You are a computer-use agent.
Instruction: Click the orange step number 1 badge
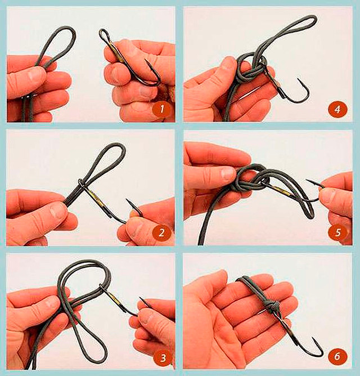(x=161, y=109)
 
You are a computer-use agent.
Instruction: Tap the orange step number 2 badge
(x=161, y=232)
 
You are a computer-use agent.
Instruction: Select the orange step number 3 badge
(x=163, y=358)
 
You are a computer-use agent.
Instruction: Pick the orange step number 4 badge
(x=337, y=109)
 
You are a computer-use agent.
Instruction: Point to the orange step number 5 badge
(x=338, y=232)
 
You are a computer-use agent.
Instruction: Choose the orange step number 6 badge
(x=337, y=356)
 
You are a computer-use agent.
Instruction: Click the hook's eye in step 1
(x=103, y=34)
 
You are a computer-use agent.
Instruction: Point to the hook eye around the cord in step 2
(x=81, y=183)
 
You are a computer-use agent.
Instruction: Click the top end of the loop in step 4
(x=312, y=17)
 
